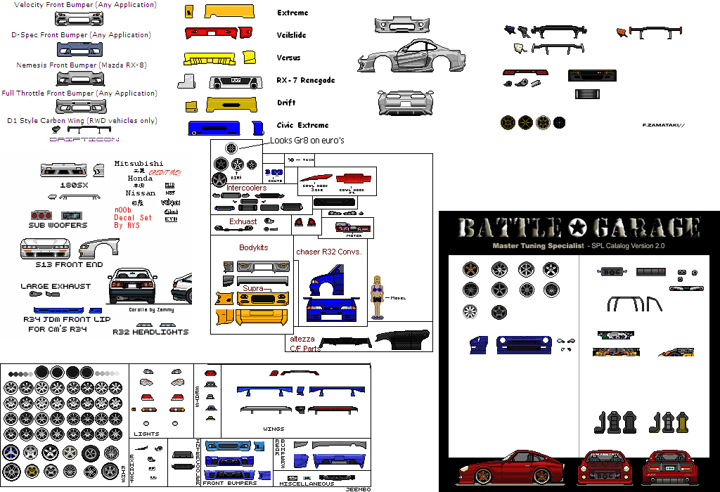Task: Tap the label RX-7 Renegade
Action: [x=306, y=80]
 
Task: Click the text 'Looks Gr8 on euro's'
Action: [x=307, y=141]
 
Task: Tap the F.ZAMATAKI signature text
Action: [x=663, y=124]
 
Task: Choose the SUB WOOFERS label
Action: [x=58, y=226]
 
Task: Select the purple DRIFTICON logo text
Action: [x=84, y=140]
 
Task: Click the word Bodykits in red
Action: [x=253, y=248]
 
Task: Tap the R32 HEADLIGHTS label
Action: [x=150, y=332]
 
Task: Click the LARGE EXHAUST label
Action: [x=56, y=286]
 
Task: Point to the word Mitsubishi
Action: [x=139, y=163]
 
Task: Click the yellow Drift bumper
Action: [x=231, y=104]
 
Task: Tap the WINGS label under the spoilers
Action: [x=274, y=427]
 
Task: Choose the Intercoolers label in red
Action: [x=246, y=188]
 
